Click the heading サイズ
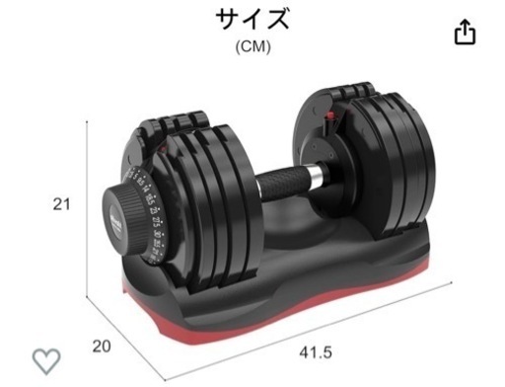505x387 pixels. [252, 19]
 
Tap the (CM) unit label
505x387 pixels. [252, 45]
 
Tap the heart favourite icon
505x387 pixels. [46, 360]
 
